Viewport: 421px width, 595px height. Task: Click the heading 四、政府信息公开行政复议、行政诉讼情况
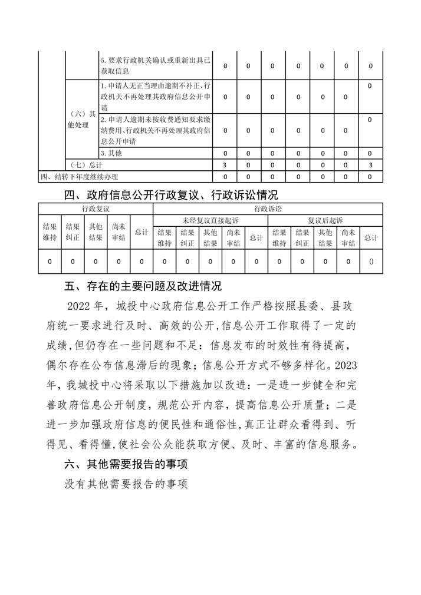(171, 194)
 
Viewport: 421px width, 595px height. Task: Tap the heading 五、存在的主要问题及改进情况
(143, 287)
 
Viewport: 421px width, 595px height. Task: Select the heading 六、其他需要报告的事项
(126, 464)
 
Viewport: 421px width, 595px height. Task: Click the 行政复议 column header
(95, 209)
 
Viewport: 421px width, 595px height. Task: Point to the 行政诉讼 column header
(268, 209)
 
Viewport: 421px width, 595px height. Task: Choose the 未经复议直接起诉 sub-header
(210, 220)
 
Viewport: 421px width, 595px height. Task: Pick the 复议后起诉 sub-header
(325, 220)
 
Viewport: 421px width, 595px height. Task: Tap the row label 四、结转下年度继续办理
(83, 176)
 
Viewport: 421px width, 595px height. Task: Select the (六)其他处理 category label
(81, 120)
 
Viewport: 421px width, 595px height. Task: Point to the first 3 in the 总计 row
(226, 165)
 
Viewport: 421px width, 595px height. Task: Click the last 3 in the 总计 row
(370, 165)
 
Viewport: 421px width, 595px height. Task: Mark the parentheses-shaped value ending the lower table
(370, 260)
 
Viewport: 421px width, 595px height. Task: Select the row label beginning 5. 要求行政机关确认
(156, 66)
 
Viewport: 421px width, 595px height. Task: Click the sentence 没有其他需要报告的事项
(126, 485)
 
